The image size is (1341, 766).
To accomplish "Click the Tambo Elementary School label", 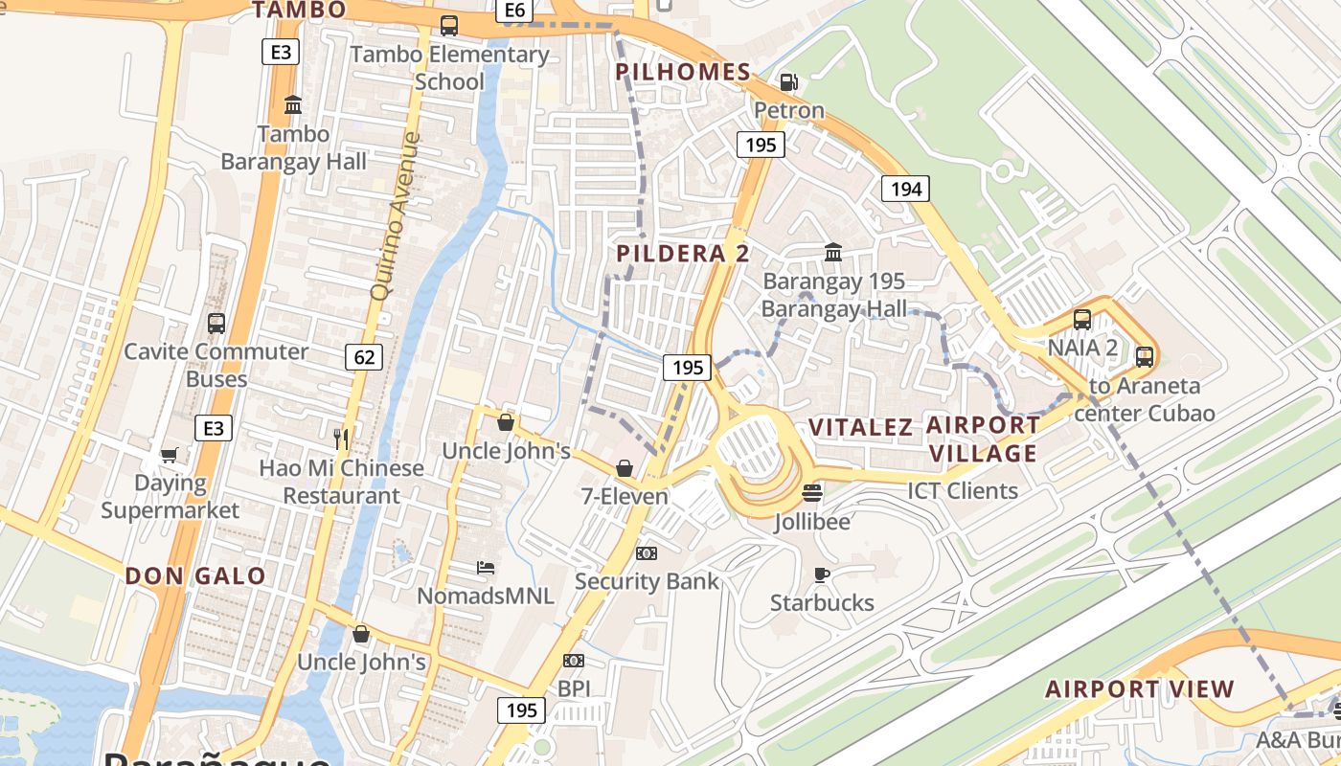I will [x=449, y=68].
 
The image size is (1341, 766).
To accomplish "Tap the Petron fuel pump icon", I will [x=788, y=82].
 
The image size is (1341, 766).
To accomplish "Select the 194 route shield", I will [x=905, y=189].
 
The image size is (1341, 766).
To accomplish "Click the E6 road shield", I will [x=514, y=10].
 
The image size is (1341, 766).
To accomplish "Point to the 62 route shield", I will [x=364, y=358].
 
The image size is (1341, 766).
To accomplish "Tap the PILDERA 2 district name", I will [x=683, y=254].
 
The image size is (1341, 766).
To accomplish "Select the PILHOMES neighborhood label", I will [x=683, y=72].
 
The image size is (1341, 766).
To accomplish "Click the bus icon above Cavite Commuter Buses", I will [x=216, y=324].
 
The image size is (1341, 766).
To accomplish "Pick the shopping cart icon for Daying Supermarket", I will [x=170, y=456].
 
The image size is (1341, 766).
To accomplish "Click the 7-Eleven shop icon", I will [x=624, y=468].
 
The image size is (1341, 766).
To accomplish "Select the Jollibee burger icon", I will [x=812, y=493].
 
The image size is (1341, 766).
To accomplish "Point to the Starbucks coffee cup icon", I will [x=821, y=574].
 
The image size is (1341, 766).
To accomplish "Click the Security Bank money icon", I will [x=647, y=553].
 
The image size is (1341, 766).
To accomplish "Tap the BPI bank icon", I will [x=574, y=661].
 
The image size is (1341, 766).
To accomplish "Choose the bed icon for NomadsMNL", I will [x=486, y=568].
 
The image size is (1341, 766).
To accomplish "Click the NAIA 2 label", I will [x=1082, y=348].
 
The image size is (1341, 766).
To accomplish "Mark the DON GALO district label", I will [x=195, y=576].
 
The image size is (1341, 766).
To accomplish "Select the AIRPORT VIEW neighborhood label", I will [x=1140, y=689].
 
